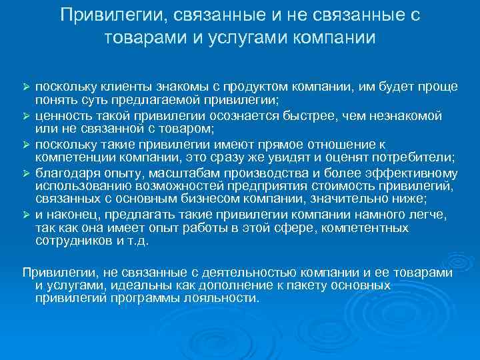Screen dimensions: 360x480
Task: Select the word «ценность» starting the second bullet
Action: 62,116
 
